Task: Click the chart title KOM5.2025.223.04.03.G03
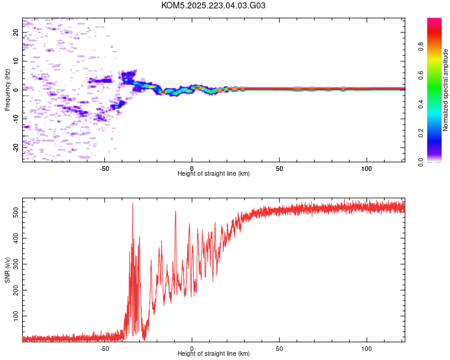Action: [214, 5]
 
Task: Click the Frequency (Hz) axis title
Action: [7, 89]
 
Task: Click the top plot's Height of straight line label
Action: [214, 173]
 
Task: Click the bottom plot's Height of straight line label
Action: [214, 353]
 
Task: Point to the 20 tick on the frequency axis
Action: [16, 32]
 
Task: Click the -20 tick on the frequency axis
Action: [16, 147]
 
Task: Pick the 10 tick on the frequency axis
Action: [16, 61]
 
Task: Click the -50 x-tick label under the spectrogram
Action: [104, 167]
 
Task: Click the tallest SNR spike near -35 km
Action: [133, 203]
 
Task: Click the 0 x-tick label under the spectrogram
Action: [192, 167]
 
